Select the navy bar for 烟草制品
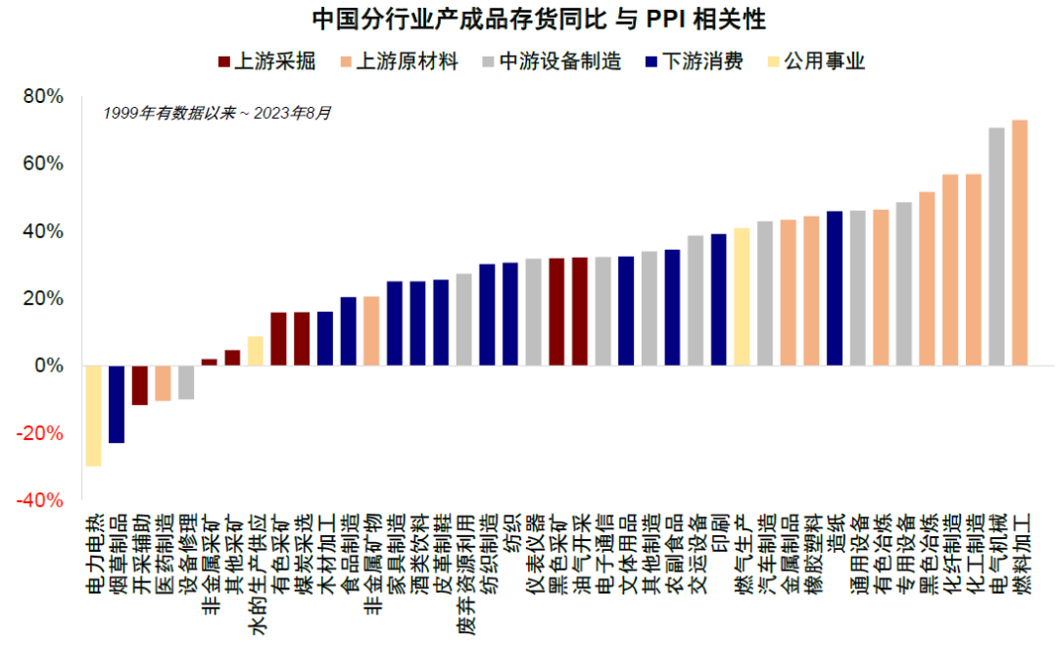point(117,404)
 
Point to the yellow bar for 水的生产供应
point(256,351)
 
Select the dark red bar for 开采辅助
point(140,384)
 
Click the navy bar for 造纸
point(835,288)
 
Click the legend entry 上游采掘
point(266,62)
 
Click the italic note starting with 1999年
point(216,113)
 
